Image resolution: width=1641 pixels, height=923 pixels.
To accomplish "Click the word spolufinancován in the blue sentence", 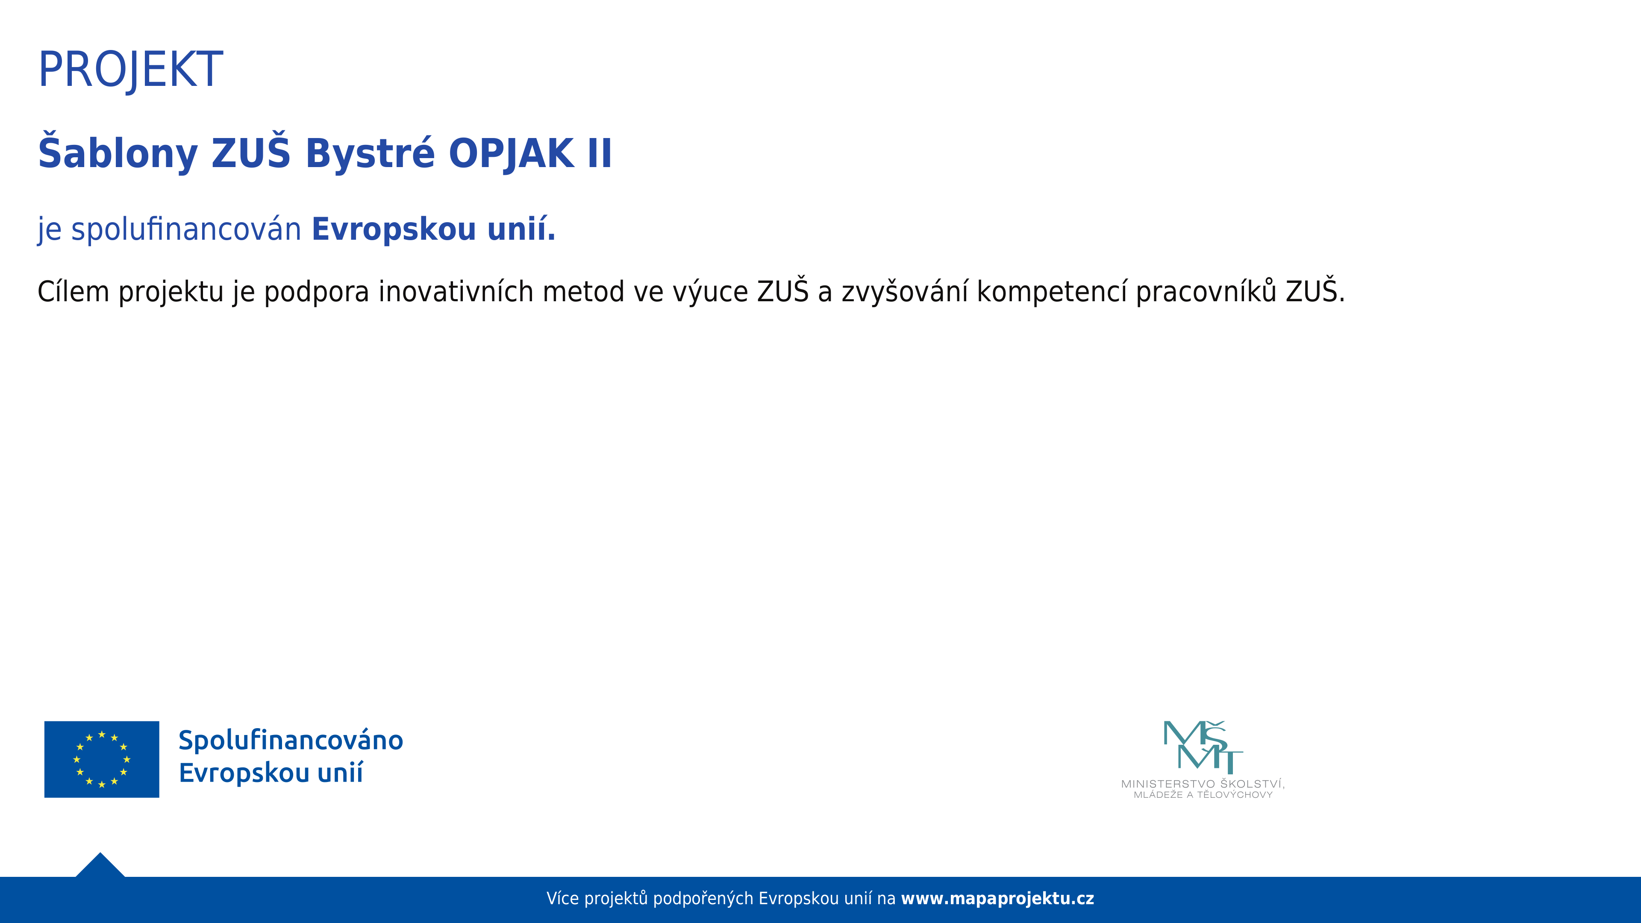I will point(186,229).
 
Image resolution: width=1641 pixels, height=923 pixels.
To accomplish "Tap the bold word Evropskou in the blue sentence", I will point(394,229).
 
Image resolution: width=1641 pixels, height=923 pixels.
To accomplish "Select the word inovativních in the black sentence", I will point(456,292).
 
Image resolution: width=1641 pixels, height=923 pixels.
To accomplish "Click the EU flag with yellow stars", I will point(102,759).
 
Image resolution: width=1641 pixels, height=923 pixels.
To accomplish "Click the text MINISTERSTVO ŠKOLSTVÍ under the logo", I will point(1203,784).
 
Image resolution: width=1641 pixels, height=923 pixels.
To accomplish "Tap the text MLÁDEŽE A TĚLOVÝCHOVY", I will point(1203,795).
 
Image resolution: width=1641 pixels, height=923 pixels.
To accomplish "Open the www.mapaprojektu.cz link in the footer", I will point(997,899).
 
